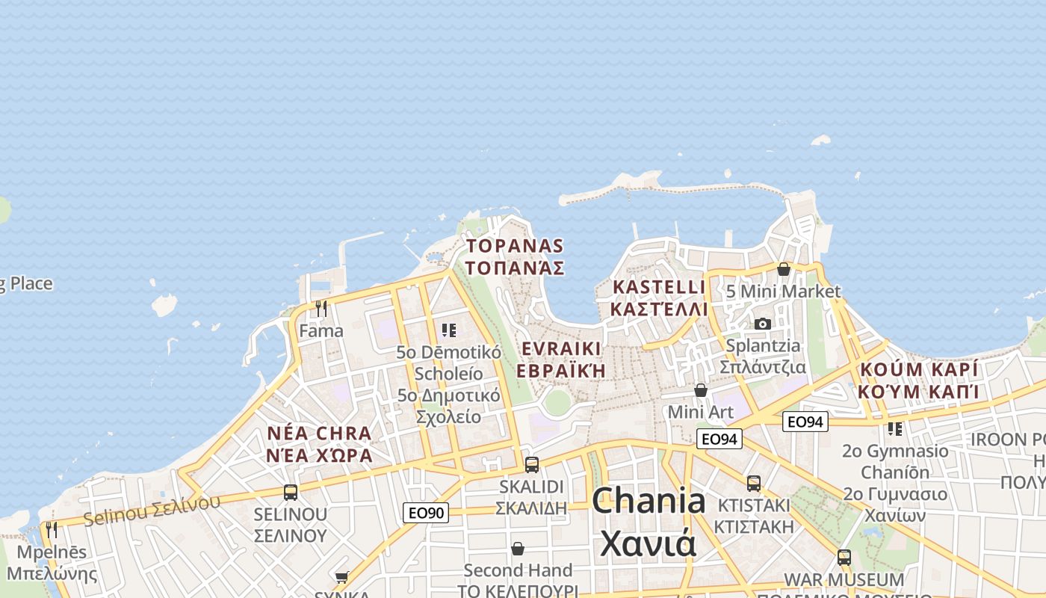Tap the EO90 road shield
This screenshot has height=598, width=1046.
(426, 513)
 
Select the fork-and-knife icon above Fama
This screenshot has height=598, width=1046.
(321, 309)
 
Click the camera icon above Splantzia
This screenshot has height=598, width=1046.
(762, 324)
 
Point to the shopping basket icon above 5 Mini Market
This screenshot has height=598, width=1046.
(783, 269)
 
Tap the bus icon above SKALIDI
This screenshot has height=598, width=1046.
(531, 464)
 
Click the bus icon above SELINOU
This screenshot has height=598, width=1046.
(291, 493)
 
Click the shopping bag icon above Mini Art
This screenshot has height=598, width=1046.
(701, 390)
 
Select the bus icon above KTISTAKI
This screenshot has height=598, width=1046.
(753, 484)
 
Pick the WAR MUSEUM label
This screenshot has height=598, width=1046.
(844, 580)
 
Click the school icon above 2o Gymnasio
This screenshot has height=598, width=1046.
(894, 429)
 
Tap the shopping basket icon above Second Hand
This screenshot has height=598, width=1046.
(517, 549)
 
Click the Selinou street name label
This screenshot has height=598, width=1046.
(152, 509)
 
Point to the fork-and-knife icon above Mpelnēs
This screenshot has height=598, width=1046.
(51, 530)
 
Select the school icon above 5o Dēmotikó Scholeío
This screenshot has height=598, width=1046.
(448, 330)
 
